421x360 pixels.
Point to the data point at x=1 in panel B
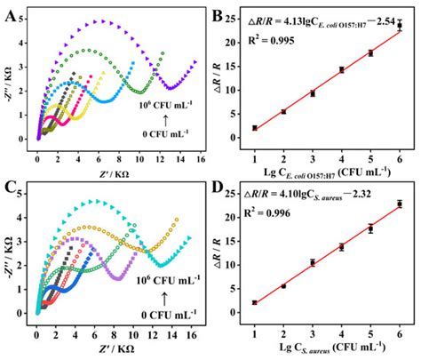255,128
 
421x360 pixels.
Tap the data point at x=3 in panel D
313,262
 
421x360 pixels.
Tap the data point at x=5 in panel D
370,228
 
